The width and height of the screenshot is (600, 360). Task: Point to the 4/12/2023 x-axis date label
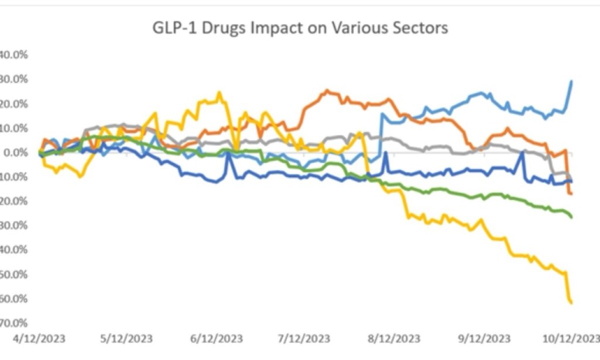pos(39,339)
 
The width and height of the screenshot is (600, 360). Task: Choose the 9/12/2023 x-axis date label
pos(485,339)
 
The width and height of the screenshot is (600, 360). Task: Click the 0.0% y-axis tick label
pos(16,152)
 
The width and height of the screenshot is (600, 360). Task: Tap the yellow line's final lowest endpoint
pos(571,303)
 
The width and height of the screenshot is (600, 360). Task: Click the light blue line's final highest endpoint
pos(572,81)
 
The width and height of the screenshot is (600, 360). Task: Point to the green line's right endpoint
pos(571,218)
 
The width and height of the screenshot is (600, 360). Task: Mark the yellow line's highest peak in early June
pos(219,92)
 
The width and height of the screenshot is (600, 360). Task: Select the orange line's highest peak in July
pos(327,90)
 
